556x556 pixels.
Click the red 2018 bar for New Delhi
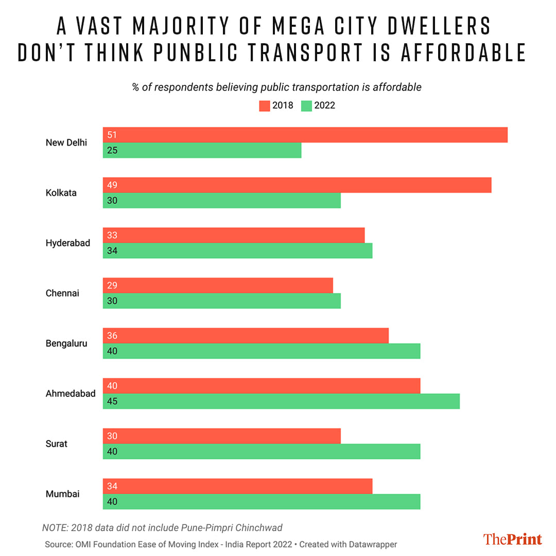(305, 135)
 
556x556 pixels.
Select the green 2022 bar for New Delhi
(202, 150)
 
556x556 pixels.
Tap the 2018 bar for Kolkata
(297, 185)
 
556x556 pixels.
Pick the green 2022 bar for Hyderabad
(237, 251)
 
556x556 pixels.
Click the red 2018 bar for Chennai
(218, 286)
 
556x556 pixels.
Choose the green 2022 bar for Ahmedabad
(281, 402)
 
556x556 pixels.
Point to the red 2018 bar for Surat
(222, 436)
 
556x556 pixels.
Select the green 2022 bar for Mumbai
(262, 502)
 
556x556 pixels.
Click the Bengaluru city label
(67, 343)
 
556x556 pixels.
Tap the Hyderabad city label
(67, 243)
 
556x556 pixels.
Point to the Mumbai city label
(62, 494)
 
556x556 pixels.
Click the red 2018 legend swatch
(264, 106)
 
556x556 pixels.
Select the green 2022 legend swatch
(306, 106)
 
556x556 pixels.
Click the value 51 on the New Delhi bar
(112, 135)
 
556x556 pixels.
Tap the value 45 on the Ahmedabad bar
(112, 402)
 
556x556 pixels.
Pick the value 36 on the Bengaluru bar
(112, 336)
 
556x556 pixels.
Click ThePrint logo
(512, 539)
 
